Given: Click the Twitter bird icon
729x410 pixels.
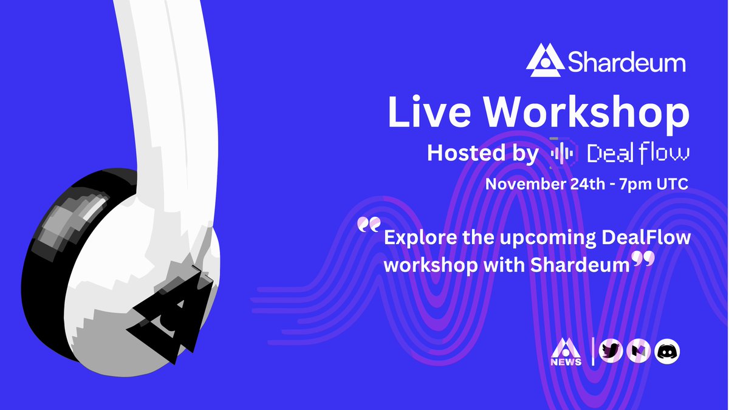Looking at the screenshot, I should (x=611, y=350).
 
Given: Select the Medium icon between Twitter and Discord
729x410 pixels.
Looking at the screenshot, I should (x=639, y=350).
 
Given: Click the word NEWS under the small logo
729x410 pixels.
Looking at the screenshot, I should (x=566, y=361).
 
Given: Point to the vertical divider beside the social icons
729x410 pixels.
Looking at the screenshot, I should (x=593, y=350).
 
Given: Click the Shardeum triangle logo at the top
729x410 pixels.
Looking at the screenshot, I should (x=545, y=61).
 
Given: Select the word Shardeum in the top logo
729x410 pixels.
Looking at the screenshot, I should (x=626, y=62).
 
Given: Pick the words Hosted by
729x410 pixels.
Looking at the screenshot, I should (x=482, y=153).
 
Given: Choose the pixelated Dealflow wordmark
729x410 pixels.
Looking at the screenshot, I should (x=638, y=153).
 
